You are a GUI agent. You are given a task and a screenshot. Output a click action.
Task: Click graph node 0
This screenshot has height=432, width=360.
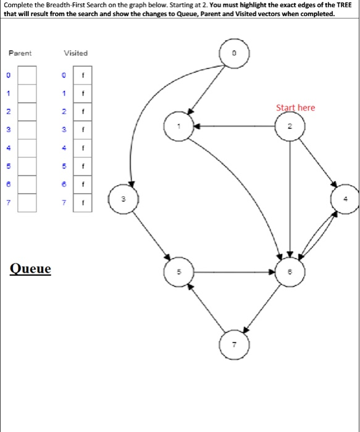click(x=234, y=55)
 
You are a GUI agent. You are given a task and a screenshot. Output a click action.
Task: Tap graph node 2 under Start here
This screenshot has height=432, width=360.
click(x=290, y=127)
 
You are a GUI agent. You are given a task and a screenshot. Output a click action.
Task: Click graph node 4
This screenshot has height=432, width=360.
click(x=346, y=199)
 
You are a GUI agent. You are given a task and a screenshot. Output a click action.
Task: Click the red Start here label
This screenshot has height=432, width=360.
click(x=295, y=107)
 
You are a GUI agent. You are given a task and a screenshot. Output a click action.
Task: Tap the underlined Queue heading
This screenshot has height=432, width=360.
click(x=31, y=269)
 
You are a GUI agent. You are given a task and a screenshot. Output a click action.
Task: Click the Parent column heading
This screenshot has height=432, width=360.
click(x=20, y=53)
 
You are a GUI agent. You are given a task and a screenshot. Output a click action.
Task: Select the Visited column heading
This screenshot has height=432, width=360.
click(x=75, y=53)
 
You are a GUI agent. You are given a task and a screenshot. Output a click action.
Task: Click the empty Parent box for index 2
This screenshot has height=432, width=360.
click(x=28, y=112)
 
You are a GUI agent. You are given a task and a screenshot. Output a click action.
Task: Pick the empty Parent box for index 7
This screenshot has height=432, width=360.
click(x=28, y=202)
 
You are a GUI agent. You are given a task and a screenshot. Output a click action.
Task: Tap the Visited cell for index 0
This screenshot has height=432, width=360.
click(x=82, y=77)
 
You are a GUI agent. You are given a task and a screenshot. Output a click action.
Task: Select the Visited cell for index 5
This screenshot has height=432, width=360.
click(x=82, y=167)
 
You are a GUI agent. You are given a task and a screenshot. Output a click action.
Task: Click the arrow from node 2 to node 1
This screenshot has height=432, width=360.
click(x=235, y=127)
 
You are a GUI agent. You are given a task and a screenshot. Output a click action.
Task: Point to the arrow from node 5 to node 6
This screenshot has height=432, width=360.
click(x=235, y=270)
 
